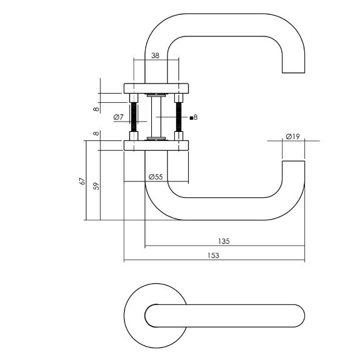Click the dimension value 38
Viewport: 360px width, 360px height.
point(155,56)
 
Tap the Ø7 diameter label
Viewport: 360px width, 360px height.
point(119,117)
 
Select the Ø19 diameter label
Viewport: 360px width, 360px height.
point(293,137)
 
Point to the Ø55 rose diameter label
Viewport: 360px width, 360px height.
point(155,177)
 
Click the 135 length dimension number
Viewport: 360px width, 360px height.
point(224,241)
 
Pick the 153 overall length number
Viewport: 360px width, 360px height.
point(214,255)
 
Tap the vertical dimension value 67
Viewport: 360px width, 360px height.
point(82,181)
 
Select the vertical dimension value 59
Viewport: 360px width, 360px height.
point(97,186)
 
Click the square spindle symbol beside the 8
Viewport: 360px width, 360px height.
point(191,118)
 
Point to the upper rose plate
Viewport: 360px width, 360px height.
point(156,88)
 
